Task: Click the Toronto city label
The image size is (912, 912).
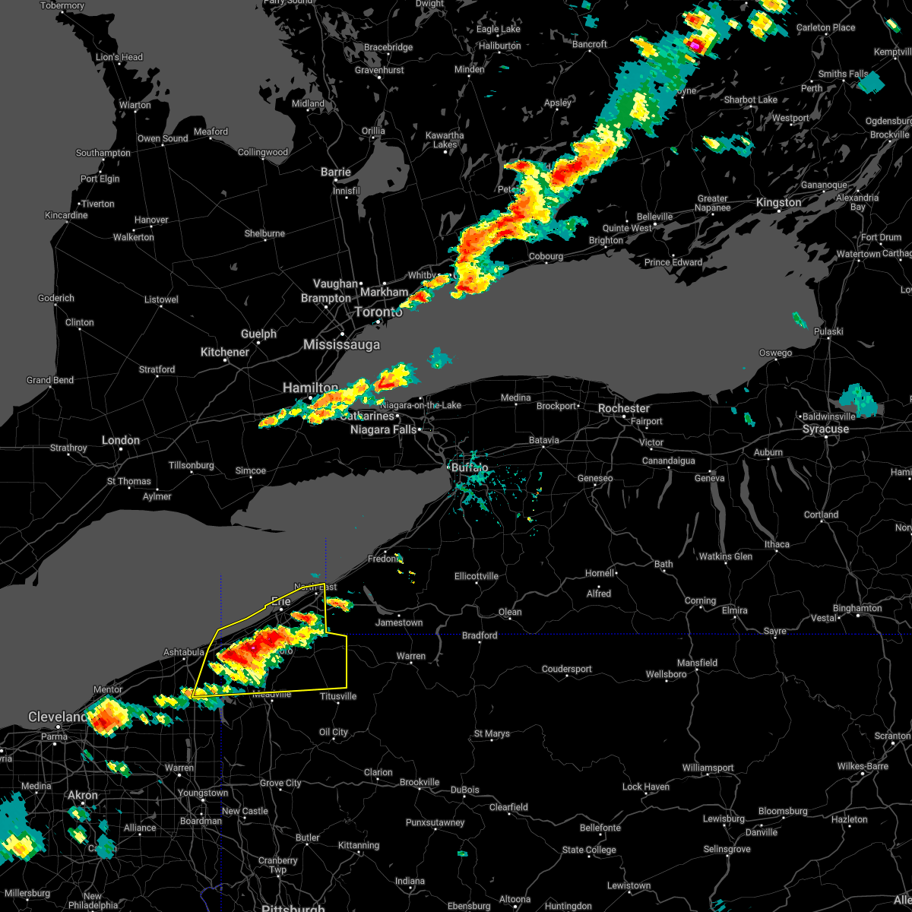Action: pyautogui.click(x=378, y=312)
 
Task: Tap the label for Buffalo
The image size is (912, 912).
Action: pyautogui.click(x=470, y=468)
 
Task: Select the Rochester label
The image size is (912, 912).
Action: pyautogui.click(x=623, y=408)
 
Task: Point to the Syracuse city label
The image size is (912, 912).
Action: pyautogui.click(x=825, y=429)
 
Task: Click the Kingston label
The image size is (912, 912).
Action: pyautogui.click(x=778, y=203)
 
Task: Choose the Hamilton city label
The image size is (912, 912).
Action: pyautogui.click(x=310, y=388)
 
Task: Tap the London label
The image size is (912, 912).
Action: pyautogui.click(x=121, y=440)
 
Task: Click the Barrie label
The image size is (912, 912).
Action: pyautogui.click(x=335, y=173)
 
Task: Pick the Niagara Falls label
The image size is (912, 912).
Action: pyautogui.click(x=384, y=430)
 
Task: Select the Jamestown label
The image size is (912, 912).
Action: pyautogui.click(x=399, y=622)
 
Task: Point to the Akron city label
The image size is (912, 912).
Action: pyautogui.click(x=83, y=796)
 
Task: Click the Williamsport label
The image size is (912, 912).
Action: pyautogui.click(x=708, y=768)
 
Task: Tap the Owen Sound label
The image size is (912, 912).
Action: pyautogui.click(x=163, y=139)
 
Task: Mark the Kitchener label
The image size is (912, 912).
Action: pyautogui.click(x=224, y=352)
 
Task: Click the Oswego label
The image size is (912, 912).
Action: pyautogui.click(x=774, y=353)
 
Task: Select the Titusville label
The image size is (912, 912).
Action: pyautogui.click(x=338, y=696)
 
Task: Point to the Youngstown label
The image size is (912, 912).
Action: pyautogui.click(x=203, y=793)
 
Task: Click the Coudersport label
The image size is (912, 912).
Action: pyautogui.click(x=566, y=670)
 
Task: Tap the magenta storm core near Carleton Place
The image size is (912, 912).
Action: pyautogui.click(x=695, y=45)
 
